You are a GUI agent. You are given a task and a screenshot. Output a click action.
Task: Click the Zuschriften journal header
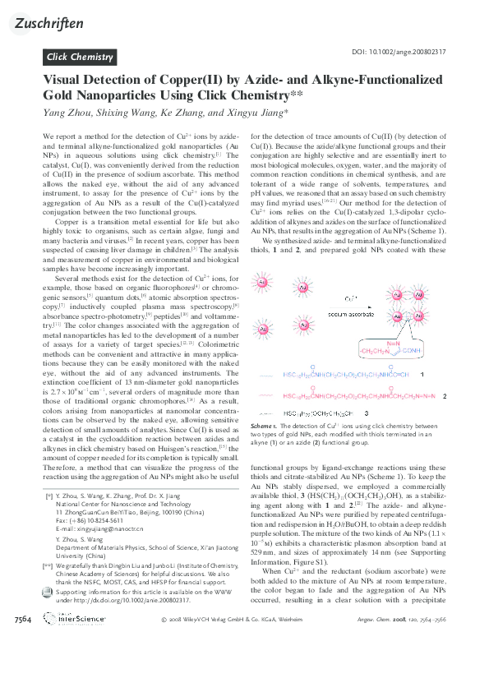point(49,23)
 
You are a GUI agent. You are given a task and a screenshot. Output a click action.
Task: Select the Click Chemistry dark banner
point(80,57)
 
